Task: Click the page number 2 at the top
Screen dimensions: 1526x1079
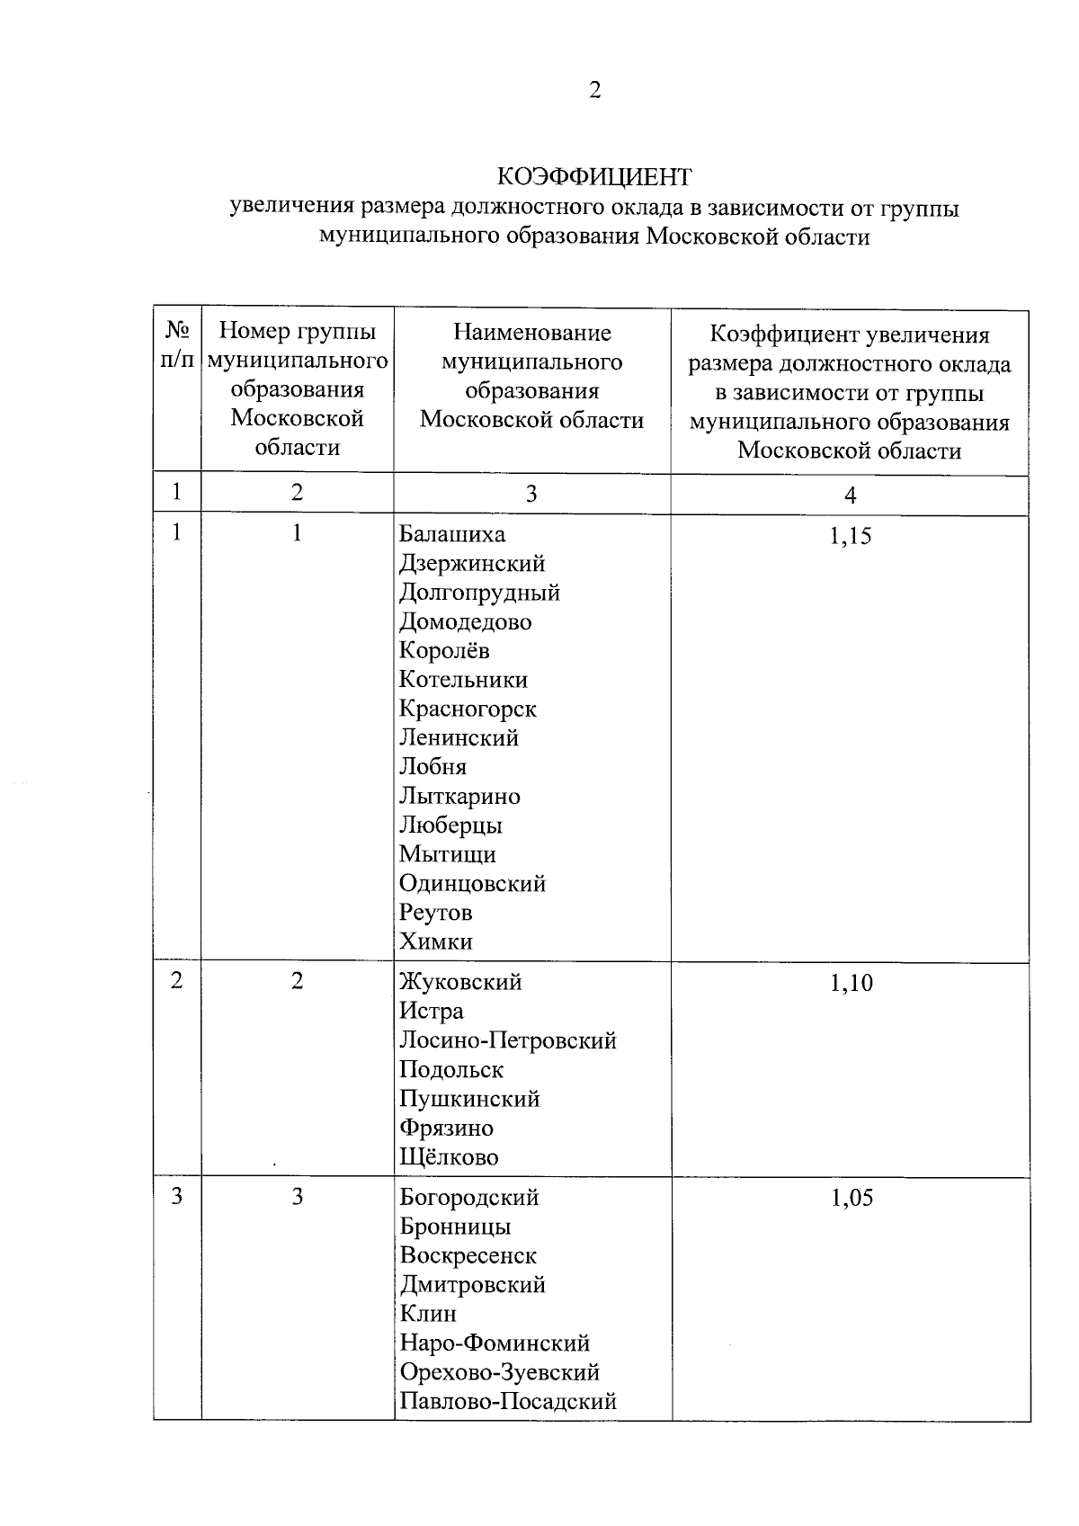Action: [594, 90]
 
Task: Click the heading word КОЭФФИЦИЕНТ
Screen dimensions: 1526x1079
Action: [594, 175]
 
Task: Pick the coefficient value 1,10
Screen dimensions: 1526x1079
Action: [851, 984]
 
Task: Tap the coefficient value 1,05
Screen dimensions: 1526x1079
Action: [851, 1199]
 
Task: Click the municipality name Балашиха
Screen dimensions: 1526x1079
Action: [452, 535]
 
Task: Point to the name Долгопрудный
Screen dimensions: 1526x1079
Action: [479, 593]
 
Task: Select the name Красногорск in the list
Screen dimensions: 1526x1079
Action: [468, 709]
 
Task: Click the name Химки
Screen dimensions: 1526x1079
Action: [436, 942]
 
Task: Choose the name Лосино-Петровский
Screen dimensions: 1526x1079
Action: [508, 1041]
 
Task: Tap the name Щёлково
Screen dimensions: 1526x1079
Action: [449, 1157]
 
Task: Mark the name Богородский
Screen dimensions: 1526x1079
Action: [469, 1199]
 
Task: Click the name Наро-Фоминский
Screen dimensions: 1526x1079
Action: [495, 1343]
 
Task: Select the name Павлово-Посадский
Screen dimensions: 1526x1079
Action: [508, 1402]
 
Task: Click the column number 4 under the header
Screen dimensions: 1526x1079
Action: [850, 495]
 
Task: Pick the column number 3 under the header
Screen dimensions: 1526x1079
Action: [531, 494]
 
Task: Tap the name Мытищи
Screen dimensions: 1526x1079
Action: [447, 855]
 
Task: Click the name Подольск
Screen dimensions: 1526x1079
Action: [451, 1070]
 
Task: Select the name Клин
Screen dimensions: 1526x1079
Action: [428, 1315]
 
